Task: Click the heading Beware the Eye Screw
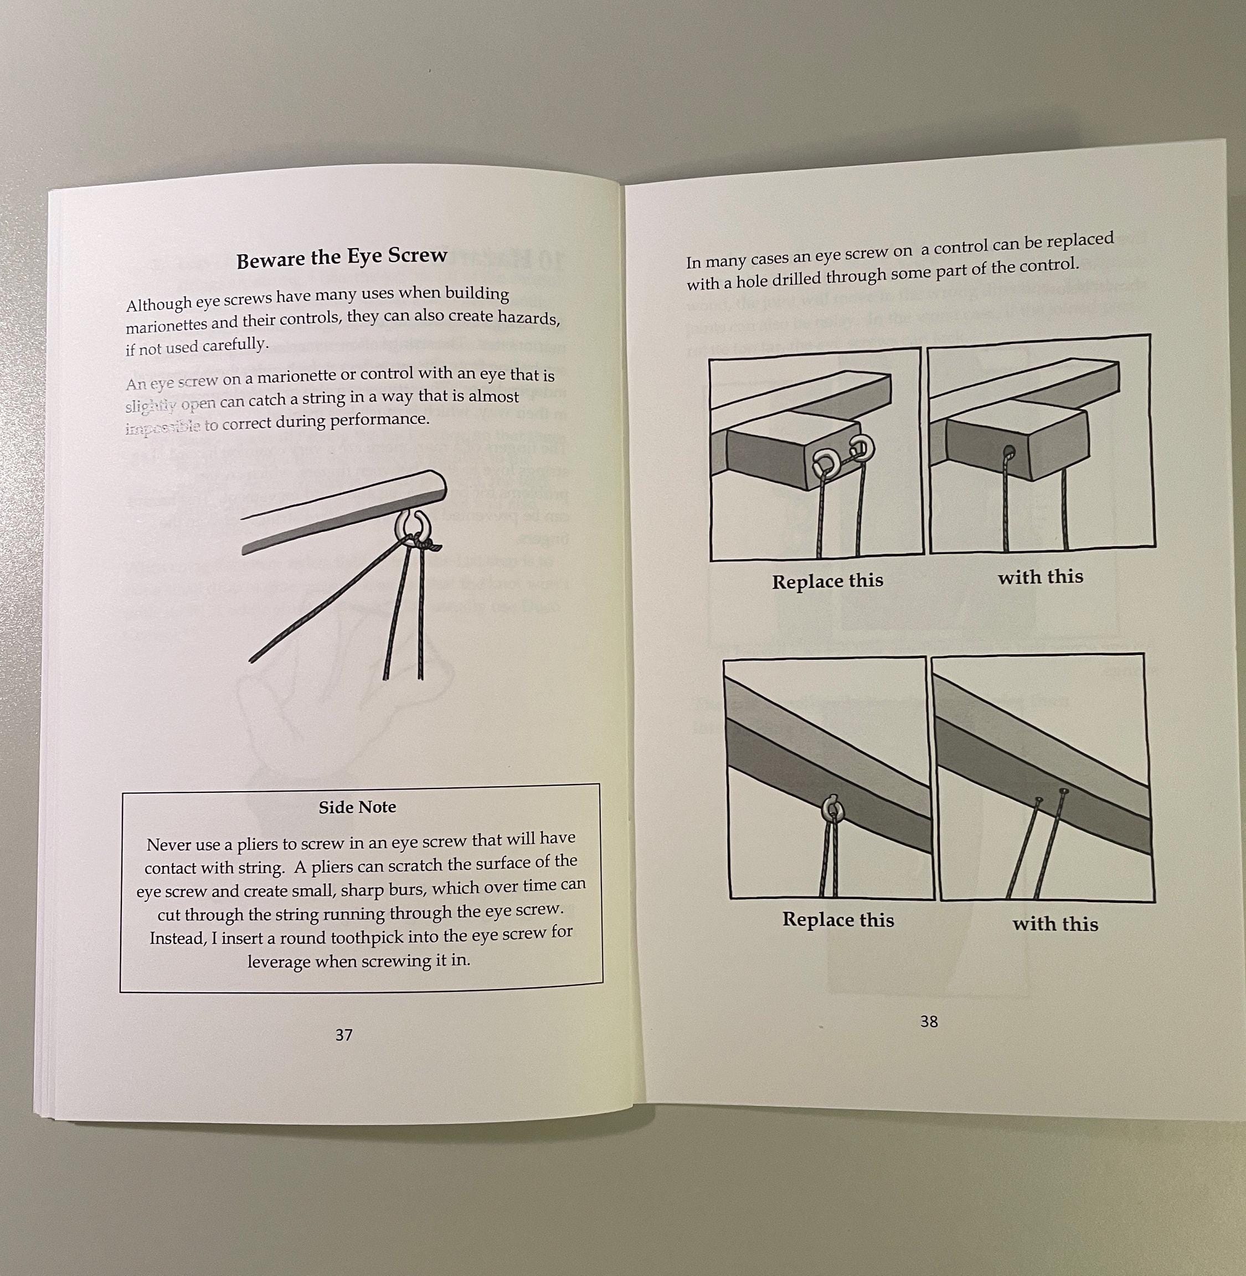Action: coord(341,257)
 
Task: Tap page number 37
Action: coord(343,1034)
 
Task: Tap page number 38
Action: coord(929,1021)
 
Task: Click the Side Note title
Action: coord(357,807)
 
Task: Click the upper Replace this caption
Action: coord(827,581)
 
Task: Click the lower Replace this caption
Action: coord(838,919)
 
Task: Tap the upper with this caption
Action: coord(1040,576)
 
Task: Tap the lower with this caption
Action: coord(1055,923)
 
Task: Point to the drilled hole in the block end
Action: coord(1008,451)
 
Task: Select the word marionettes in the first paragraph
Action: coord(166,325)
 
